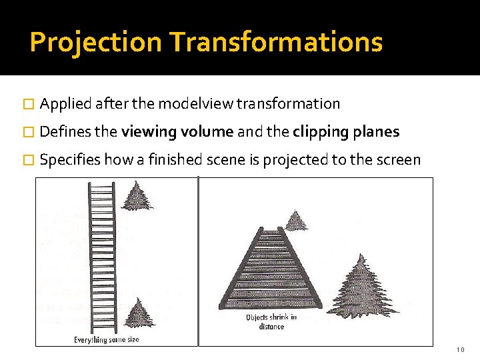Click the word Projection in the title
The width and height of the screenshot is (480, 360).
click(96, 42)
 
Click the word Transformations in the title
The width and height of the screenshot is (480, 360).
click(276, 42)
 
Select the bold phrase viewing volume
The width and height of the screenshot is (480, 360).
click(177, 132)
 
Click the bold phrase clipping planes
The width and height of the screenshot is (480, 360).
click(346, 132)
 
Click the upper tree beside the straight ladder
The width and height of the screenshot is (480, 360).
click(138, 195)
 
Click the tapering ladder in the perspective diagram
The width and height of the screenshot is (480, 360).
click(271, 270)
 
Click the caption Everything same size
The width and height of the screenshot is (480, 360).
click(106, 339)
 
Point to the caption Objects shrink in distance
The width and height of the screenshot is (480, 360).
click(271, 322)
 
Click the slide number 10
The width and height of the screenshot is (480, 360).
click(461, 350)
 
